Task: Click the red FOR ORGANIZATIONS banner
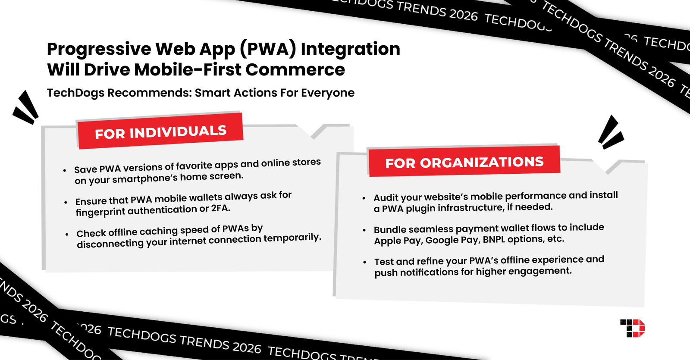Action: click(464, 162)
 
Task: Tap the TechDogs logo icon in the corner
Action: click(632, 328)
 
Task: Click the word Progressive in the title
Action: click(99, 49)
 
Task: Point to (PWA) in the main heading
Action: click(268, 49)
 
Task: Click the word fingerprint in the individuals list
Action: click(100, 212)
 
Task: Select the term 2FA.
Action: click(220, 208)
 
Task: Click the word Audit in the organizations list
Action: click(386, 197)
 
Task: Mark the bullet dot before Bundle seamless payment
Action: click(364, 230)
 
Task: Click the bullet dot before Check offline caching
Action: click(67, 234)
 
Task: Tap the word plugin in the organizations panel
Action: click(422, 209)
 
